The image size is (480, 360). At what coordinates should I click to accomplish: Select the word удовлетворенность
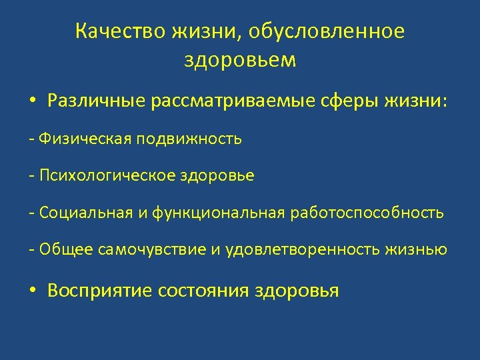pyautogui.click(x=304, y=250)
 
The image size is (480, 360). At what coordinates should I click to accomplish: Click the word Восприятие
pyautogui.click(x=101, y=291)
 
